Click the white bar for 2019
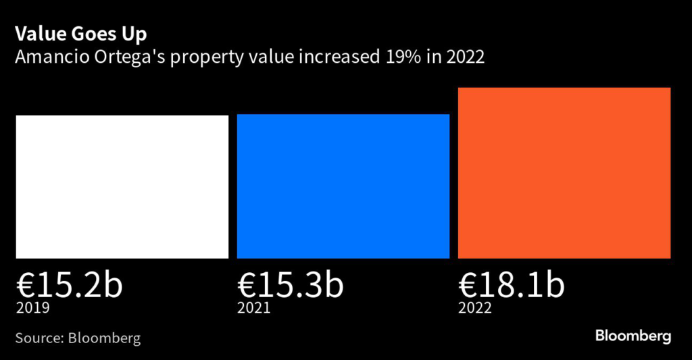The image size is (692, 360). click(122, 186)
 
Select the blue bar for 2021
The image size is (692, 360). click(343, 186)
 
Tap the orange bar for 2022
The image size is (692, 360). click(564, 173)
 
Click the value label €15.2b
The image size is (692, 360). click(70, 286)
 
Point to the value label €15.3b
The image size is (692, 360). click(291, 286)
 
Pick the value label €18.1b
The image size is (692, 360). click(511, 286)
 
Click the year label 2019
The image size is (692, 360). click(33, 309)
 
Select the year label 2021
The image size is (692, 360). click(254, 309)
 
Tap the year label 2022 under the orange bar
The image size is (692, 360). click(475, 309)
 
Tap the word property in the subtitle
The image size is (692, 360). click(204, 59)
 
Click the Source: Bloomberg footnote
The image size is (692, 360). click(78, 338)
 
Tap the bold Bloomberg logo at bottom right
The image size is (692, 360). click(633, 336)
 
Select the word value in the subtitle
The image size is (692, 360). click(266, 57)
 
